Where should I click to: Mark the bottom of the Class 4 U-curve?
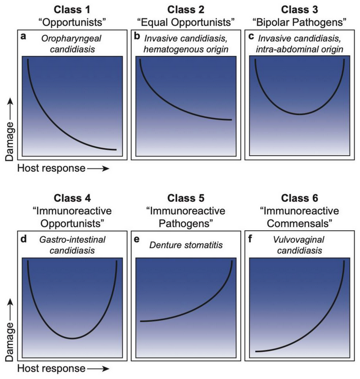click(x=73, y=338)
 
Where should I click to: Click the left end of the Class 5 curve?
click(x=141, y=321)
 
